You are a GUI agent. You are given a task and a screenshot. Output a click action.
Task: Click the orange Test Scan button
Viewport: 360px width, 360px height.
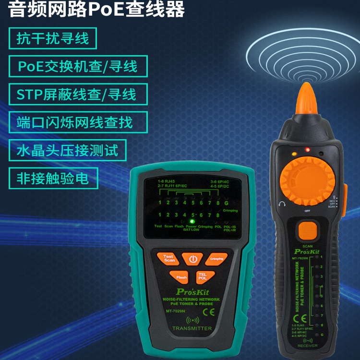168,259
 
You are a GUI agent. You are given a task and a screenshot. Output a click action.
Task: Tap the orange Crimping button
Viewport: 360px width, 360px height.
216,259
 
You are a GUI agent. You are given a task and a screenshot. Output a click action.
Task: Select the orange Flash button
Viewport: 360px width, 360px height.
181,277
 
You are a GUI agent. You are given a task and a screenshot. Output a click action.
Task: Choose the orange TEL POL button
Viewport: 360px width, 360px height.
203,276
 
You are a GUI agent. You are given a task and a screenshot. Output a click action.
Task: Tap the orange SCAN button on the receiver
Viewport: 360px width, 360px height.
307,231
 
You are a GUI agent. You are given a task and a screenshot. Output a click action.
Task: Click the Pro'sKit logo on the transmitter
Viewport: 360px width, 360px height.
190,291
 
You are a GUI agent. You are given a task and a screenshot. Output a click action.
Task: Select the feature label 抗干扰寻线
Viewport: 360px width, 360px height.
53,38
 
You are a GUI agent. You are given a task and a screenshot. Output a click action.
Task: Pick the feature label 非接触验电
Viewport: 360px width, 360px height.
53,179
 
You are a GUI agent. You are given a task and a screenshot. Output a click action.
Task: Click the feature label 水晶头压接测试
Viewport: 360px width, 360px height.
67,150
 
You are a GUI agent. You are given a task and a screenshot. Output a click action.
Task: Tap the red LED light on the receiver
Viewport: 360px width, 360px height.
307,150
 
